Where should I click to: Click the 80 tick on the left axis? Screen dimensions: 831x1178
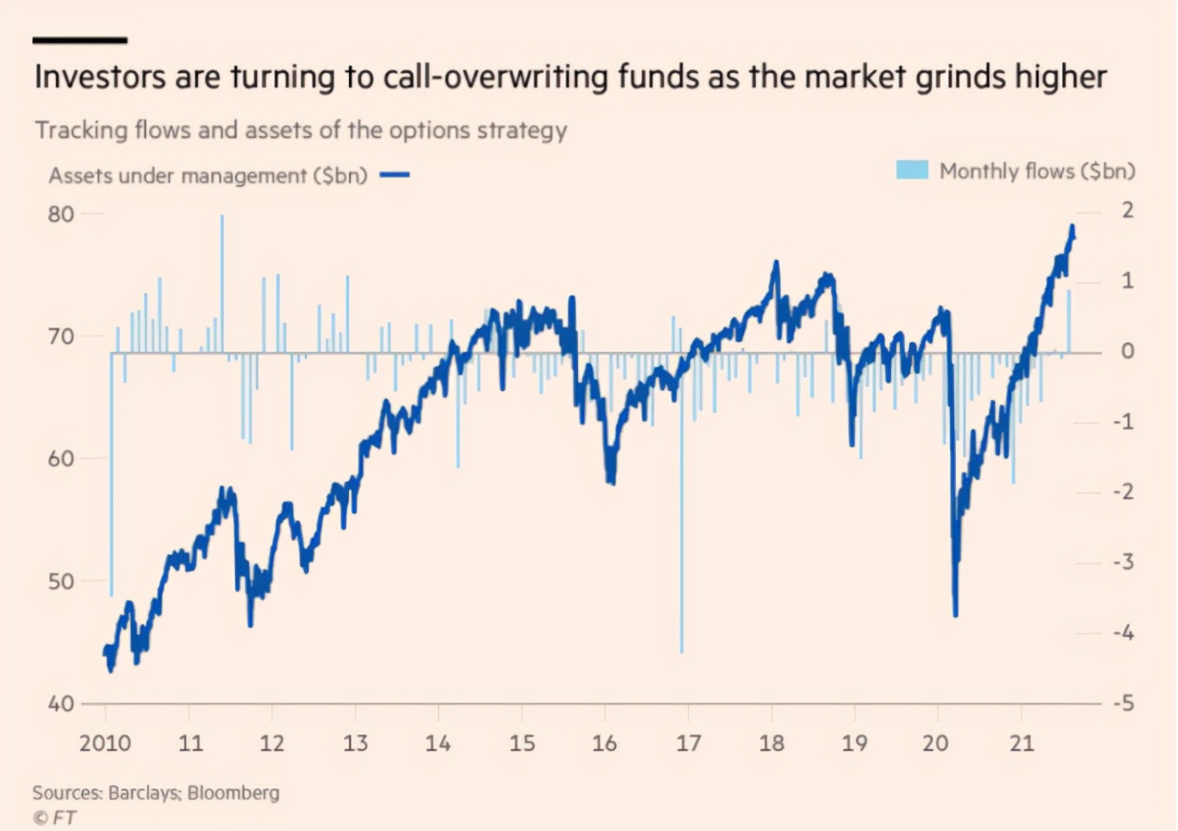pyautogui.click(x=61, y=215)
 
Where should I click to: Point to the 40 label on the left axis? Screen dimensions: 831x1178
pyautogui.click(x=61, y=704)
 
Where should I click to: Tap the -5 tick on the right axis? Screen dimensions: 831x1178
pyautogui.click(x=1124, y=703)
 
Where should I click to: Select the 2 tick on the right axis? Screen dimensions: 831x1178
pyautogui.click(x=1128, y=210)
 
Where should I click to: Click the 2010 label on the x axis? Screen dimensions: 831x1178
pyautogui.click(x=105, y=743)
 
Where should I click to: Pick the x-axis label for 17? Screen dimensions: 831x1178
pyautogui.click(x=688, y=743)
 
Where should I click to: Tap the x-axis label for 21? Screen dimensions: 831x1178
pyautogui.click(x=1021, y=743)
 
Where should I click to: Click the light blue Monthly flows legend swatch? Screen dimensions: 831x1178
pyautogui.click(x=912, y=170)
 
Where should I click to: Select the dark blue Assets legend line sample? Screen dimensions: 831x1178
pyautogui.click(x=395, y=175)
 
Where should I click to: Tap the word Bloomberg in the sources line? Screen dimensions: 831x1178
pyautogui.click(x=233, y=793)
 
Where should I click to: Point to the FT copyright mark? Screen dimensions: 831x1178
pyautogui.click(x=54, y=817)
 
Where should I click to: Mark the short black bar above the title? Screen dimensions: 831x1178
pyautogui.click(x=80, y=40)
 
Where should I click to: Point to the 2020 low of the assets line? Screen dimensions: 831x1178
pyautogui.click(x=956, y=613)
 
